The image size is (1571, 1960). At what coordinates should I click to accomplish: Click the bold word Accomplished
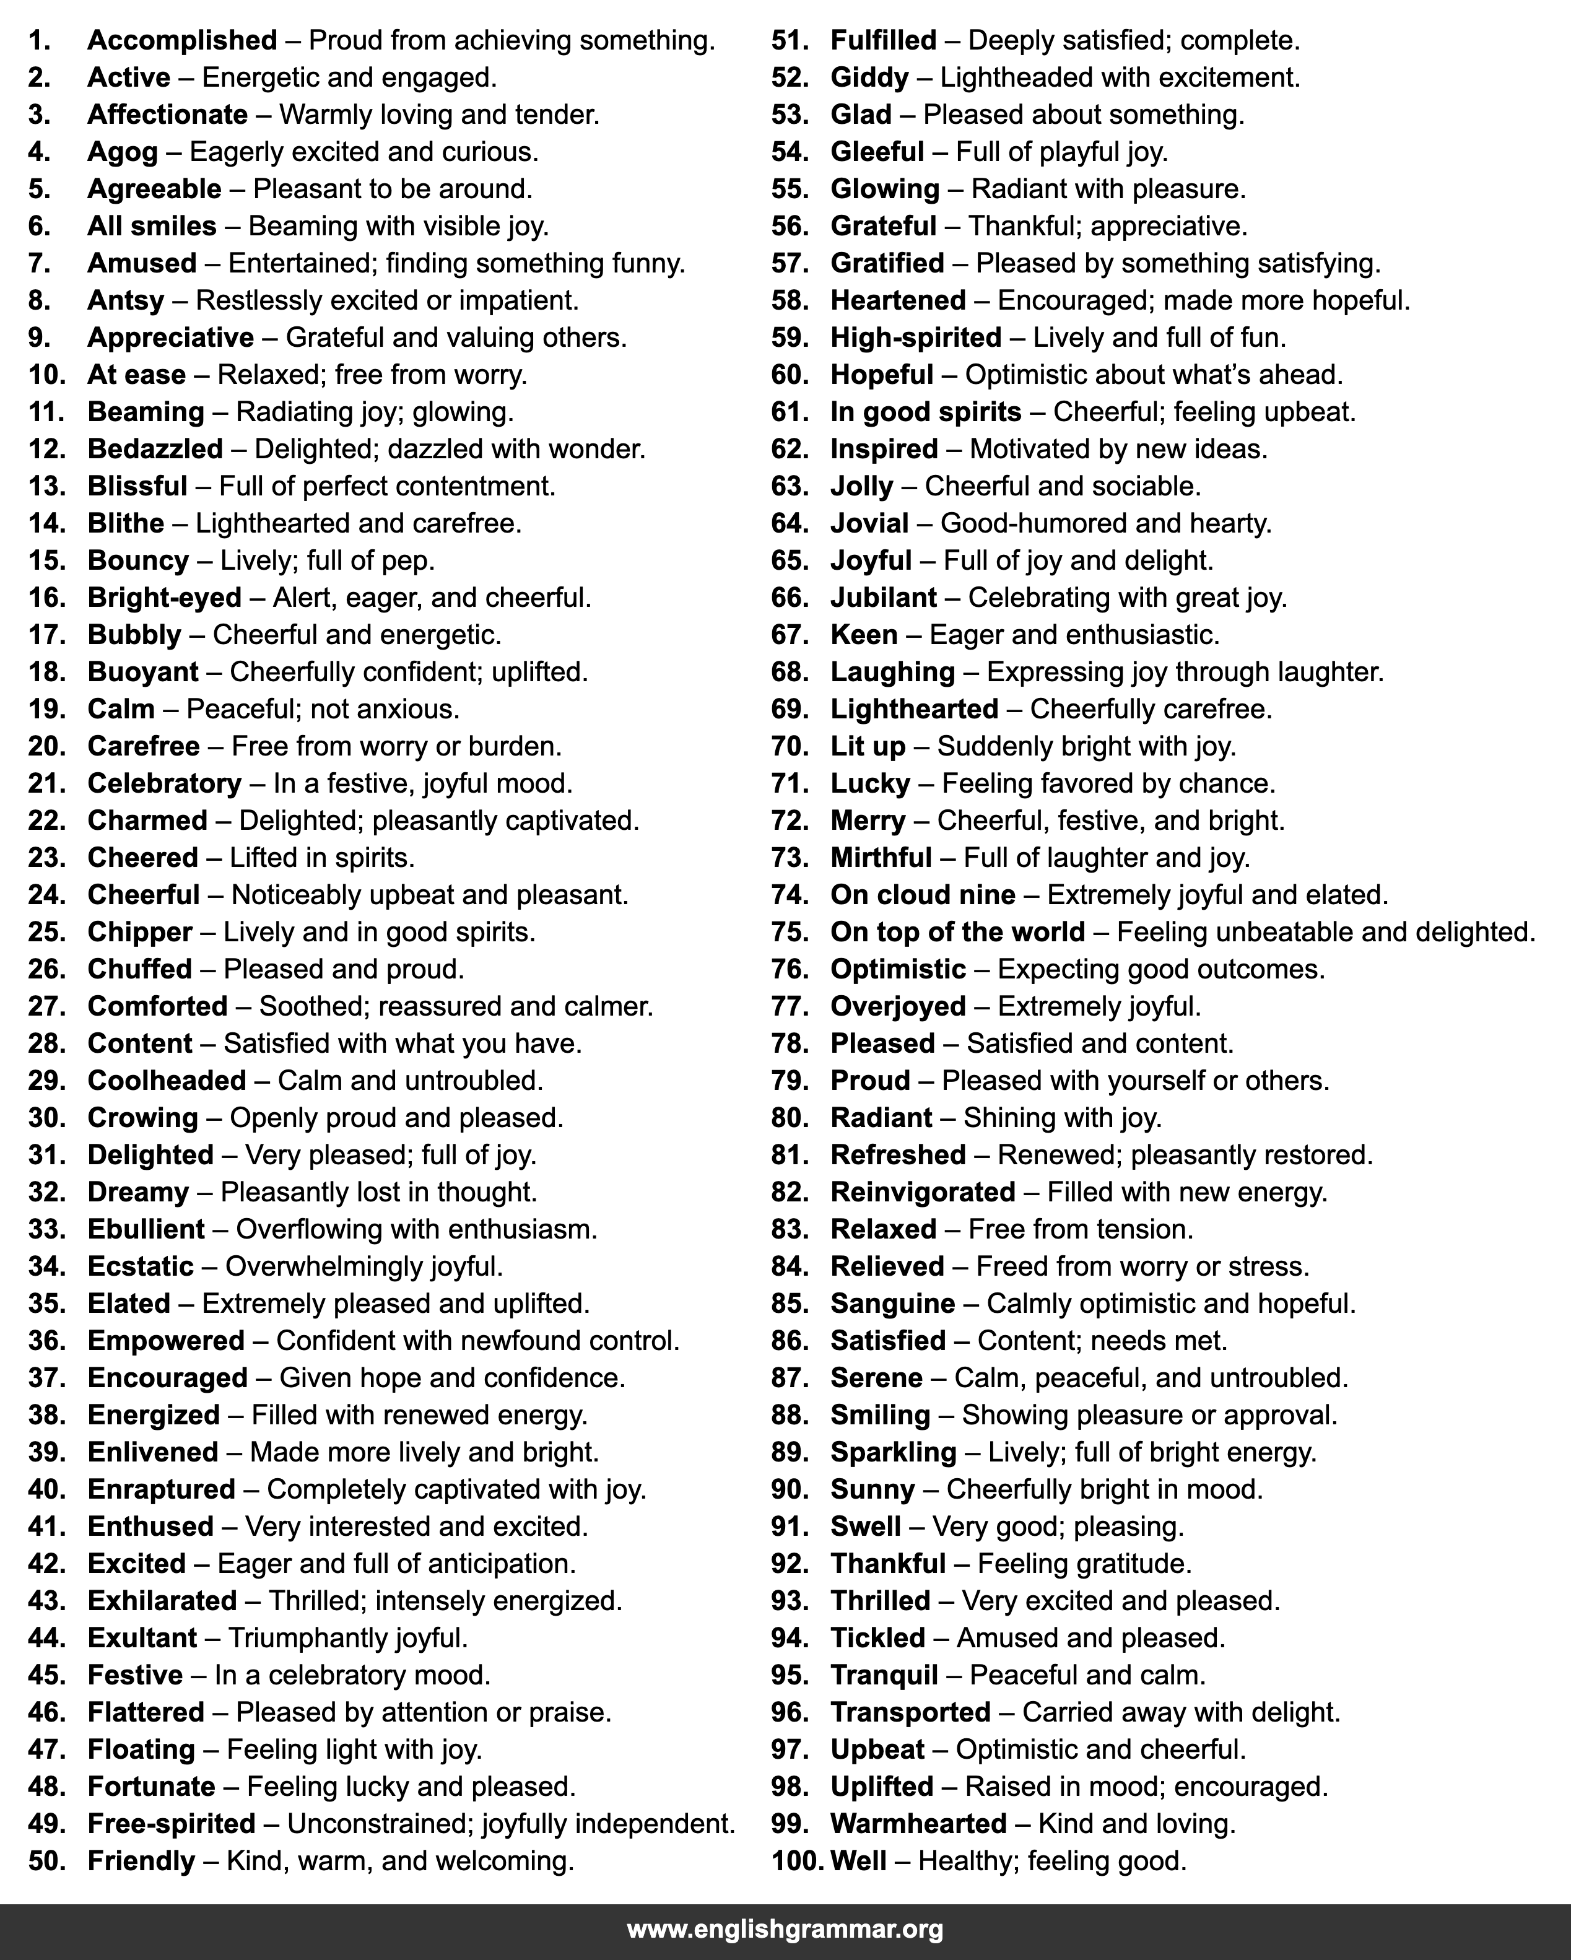click(x=182, y=41)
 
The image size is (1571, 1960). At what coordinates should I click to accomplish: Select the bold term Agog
click(x=122, y=152)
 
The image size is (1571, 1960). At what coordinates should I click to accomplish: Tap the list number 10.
click(x=46, y=375)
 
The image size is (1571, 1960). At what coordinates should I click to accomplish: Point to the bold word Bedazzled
click(x=155, y=449)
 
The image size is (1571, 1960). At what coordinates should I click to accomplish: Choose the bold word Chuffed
click(x=139, y=969)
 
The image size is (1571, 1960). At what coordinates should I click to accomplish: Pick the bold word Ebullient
click(x=146, y=1229)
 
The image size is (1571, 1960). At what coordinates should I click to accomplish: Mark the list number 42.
click(x=46, y=1564)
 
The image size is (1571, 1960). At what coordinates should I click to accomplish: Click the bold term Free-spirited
click(x=171, y=1824)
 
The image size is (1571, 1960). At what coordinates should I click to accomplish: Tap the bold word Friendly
click(x=141, y=1861)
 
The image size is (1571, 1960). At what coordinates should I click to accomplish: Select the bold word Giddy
click(x=869, y=78)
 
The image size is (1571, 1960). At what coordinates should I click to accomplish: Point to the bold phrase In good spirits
click(x=926, y=412)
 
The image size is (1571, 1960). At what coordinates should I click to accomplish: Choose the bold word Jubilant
click(x=883, y=597)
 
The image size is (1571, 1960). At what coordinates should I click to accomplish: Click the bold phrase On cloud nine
click(x=923, y=895)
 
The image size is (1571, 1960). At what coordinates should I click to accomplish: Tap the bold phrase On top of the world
click(x=957, y=932)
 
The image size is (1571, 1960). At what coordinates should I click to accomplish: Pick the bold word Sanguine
click(x=893, y=1304)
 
